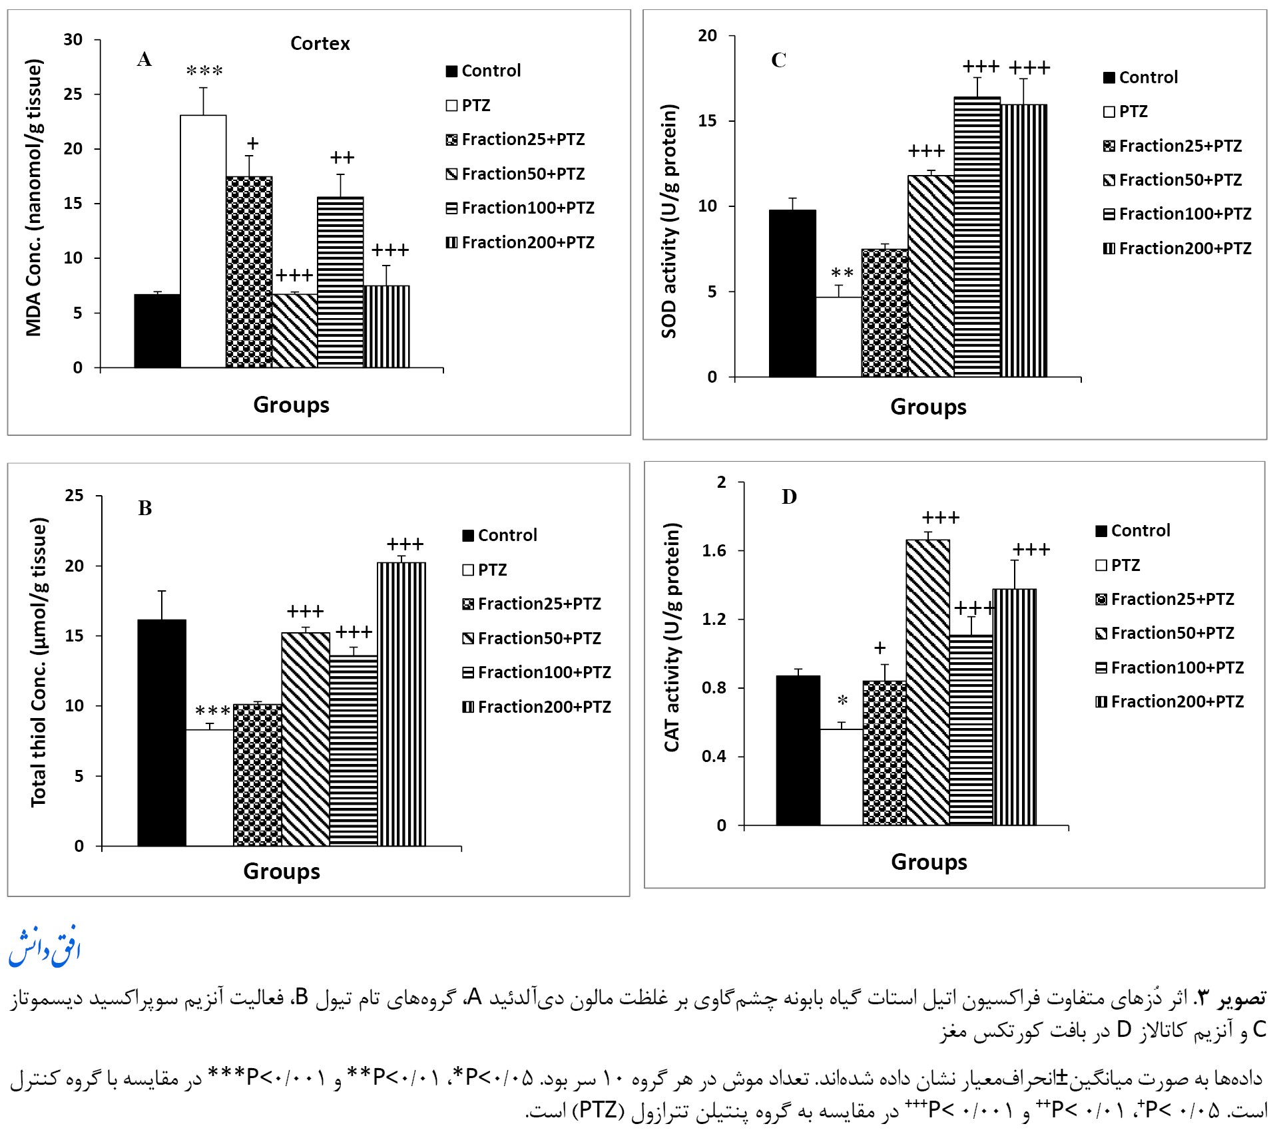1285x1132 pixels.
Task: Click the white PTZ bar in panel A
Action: pyautogui.click(x=203, y=241)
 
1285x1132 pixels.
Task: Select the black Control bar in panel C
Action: pyautogui.click(x=792, y=293)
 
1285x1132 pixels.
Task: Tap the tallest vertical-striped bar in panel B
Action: pyautogui.click(x=401, y=704)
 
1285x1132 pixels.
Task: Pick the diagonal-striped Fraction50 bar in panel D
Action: pyautogui.click(x=927, y=682)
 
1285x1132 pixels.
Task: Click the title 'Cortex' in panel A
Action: pyautogui.click(x=320, y=44)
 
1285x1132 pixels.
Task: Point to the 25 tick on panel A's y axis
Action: pyautogui.click(x=73, y=94)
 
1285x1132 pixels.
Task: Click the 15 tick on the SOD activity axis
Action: pyautogui.click(x=707, y=121)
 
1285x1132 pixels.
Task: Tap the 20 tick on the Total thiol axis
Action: pyautogui.click(x=75, y=566)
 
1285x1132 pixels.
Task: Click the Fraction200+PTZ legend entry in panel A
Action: pyautogui.click(x=520, y=243)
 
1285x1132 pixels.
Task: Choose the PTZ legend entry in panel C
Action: pyautogui.click(x=1125, y=112)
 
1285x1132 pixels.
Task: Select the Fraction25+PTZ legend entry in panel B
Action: pyautogui.click(x=532, y=604)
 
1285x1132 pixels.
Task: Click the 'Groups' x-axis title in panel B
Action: pyautogui.click(x=282, y=871)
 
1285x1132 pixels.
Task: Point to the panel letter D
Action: pyautogui.click(x=789, y=497)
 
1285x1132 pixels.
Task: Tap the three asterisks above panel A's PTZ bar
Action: pyautogui.click(x=204, y=71)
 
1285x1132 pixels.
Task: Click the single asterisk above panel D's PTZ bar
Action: pyautogui.click(x=842, y=701)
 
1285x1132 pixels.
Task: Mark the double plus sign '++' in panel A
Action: pyautogui.click(x=342, y=158)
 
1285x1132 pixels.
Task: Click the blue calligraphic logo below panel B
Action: pyautogui.click(x=44, y=946)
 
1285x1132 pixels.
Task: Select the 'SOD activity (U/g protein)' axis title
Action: pyautogui.click(x=669, y=221)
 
